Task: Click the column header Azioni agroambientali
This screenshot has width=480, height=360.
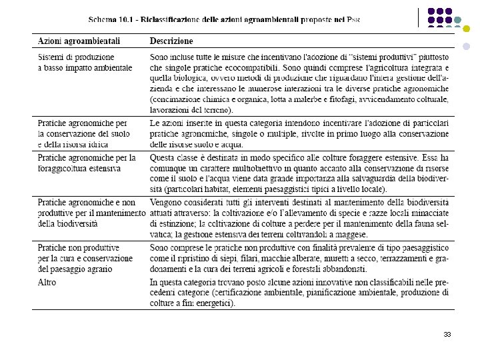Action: pos(78,41)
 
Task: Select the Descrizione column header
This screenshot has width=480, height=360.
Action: pos(171,41)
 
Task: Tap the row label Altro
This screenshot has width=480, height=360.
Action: pos(47,282)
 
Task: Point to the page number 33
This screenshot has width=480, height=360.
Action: pos(447,335)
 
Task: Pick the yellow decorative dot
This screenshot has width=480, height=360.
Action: pos(466,29)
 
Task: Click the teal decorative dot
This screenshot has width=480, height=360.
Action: pos(458,21)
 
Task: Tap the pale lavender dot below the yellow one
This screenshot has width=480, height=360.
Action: pos(466,47)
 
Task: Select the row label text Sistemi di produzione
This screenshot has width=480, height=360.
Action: pos(75,57)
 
